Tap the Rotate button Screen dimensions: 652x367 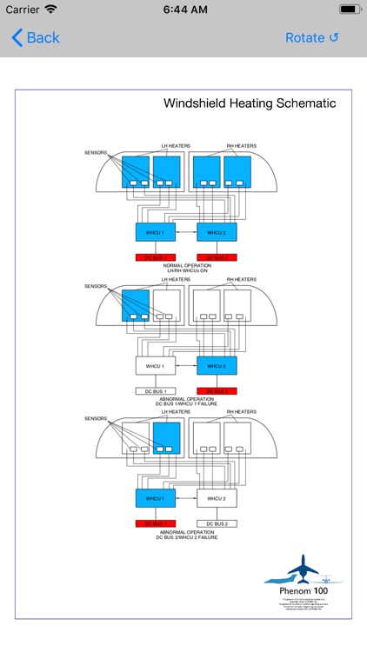coord(312,37)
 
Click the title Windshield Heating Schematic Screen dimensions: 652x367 coord(250,103)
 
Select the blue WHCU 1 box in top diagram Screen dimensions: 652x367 coord(156,232)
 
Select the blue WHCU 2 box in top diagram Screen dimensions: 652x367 coord(217,232)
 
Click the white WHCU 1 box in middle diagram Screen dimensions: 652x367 coord(156,366)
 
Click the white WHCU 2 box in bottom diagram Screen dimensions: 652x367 coord(217,499)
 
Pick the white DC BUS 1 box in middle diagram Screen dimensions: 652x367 coord(156,391)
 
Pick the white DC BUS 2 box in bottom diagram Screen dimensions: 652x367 coord(217,524)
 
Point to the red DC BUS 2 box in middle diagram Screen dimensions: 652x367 coord(217,391)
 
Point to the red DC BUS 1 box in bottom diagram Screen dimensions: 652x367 coord(156,524)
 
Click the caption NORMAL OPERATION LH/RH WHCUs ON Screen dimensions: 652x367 coord(187,269)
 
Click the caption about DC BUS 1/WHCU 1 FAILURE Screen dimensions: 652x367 coord(187,402)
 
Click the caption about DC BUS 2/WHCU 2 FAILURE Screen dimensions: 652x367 coord(187,535)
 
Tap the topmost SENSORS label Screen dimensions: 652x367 coord(97,152)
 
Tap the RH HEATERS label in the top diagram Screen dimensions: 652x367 coord(241,145)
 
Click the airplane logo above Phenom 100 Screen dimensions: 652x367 coord(304,569)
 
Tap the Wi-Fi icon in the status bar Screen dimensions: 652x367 coord(50,9)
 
